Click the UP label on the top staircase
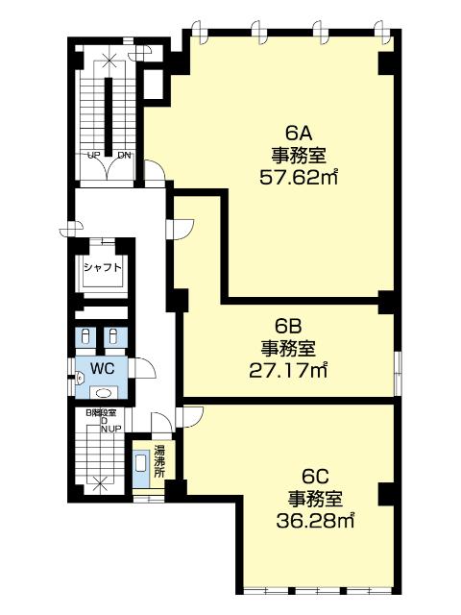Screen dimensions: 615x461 [x=94, y=156]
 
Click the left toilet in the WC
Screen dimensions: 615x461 [x=85, y=335]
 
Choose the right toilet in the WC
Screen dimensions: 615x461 [x=114, y=335]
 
